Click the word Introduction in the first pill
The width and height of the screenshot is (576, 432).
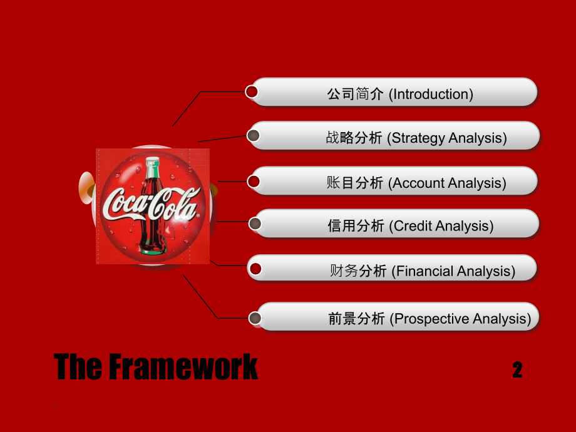click(431, 94)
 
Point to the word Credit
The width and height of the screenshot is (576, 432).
click(413, 226)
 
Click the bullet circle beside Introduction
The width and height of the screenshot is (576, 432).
click(252, 91)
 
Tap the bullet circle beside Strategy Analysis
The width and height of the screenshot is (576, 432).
click(253, 136)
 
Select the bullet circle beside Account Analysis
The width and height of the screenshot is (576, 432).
click(254, 182)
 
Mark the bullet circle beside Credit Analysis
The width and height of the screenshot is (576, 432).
click(255, 224)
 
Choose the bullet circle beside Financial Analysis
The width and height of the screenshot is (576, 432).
click(255, 269)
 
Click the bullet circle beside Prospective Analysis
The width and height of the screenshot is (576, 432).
click(255, 318)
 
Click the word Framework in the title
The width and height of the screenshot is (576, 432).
click(183, 366)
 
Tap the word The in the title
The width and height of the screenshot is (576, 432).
click(78, 366)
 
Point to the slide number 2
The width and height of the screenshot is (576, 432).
click(518, 369)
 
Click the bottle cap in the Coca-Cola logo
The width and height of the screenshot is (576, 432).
click(152, 161)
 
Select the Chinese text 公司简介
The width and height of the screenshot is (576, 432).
click(355, 94)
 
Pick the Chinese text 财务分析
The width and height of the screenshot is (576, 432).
click(358, 271)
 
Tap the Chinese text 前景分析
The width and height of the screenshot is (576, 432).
click(356, 319)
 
